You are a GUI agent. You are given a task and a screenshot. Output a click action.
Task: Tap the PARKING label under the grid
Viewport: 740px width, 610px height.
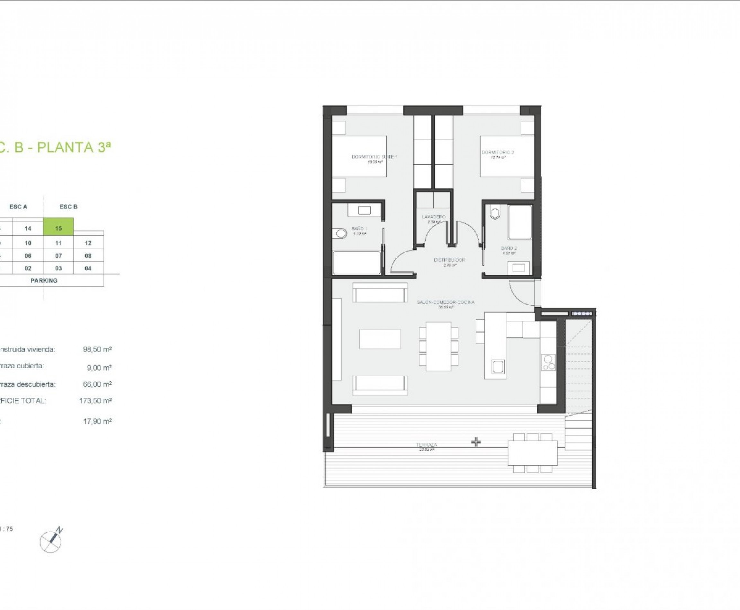pos(44,280)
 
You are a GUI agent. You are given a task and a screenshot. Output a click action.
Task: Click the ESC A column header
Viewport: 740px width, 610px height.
pos(18,207)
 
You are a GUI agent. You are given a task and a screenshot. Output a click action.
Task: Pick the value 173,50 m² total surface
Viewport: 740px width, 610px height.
pos(95,401)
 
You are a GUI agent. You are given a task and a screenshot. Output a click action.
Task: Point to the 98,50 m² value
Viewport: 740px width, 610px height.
pos(97,349)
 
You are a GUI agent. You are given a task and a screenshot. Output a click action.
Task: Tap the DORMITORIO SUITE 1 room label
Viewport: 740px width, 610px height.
pos(374,157)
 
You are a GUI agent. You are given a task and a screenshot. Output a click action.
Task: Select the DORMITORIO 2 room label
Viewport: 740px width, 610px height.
pos(498,152)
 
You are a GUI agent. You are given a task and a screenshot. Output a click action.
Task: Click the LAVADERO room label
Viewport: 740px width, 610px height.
pos(434,217)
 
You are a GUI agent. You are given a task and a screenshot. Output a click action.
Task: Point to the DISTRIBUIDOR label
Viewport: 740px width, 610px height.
pos(449,260)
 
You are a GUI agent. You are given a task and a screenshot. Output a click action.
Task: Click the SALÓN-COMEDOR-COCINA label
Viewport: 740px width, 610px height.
pos(445,302)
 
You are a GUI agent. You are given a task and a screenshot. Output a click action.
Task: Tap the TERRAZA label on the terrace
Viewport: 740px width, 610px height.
pos(427,445)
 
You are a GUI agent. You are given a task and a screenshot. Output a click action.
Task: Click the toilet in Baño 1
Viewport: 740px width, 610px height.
pos(340,233)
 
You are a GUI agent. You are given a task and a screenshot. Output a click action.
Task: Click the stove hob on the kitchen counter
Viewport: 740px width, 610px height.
pos(548,362)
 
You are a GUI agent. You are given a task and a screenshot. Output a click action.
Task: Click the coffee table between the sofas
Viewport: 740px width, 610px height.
pos(380,339)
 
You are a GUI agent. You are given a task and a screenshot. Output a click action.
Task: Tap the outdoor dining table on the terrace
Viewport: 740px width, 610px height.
pos(532,453)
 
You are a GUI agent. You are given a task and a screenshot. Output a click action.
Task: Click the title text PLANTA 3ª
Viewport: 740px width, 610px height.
pos(74,148)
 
